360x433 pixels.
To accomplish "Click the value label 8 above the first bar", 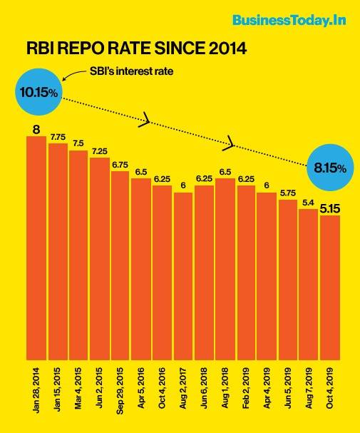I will click(x=36, y=129).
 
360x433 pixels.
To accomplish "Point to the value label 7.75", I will click(x=58, y=137).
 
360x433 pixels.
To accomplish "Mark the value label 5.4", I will click(x=309, y=203).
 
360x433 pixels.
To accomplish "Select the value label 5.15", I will click(x=330, y=209).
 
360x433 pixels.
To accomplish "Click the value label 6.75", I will click(x=120, y=165).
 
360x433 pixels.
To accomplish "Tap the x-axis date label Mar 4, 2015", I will click(x=78, y=392).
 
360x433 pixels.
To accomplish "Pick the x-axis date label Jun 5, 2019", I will click(x=288, y=392).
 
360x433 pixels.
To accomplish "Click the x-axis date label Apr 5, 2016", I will click(x=141, y=392).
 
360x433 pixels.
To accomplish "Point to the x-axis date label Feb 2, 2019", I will click(x=246, y=392).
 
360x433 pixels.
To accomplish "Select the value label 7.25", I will click(x=99, y=151).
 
